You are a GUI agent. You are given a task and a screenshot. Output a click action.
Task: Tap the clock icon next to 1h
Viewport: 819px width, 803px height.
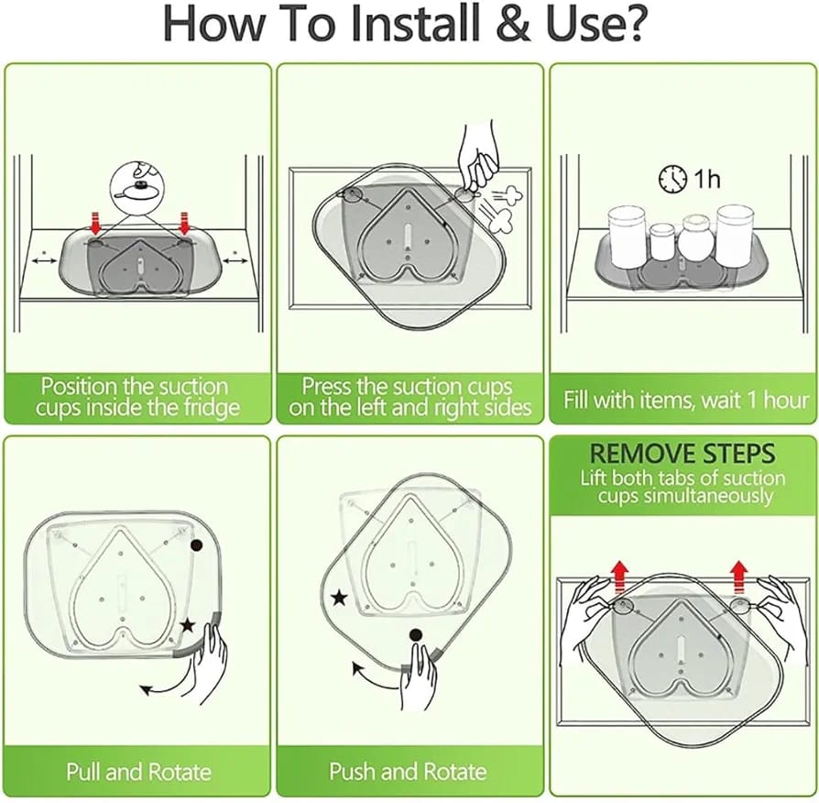click(x=672, y=178)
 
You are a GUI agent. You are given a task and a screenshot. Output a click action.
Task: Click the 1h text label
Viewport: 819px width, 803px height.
click(x=706, y=178)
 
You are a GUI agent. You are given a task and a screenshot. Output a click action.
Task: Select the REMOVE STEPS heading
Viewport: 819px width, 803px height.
click(x=683, y=453)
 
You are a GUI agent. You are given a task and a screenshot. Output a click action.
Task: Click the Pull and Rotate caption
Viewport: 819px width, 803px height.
click(x=138, y=771)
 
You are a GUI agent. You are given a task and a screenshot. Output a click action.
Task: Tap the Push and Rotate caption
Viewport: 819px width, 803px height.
click(x=408, y=771)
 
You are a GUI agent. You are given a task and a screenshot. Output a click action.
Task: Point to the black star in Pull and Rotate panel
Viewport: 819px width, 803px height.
click(x=187, y=625)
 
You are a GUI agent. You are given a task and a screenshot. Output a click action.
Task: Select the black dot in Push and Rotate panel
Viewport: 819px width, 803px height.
click(x=415, y=633)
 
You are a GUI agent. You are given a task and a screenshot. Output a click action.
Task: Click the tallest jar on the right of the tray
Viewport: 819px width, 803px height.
click(x=735, y=233)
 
